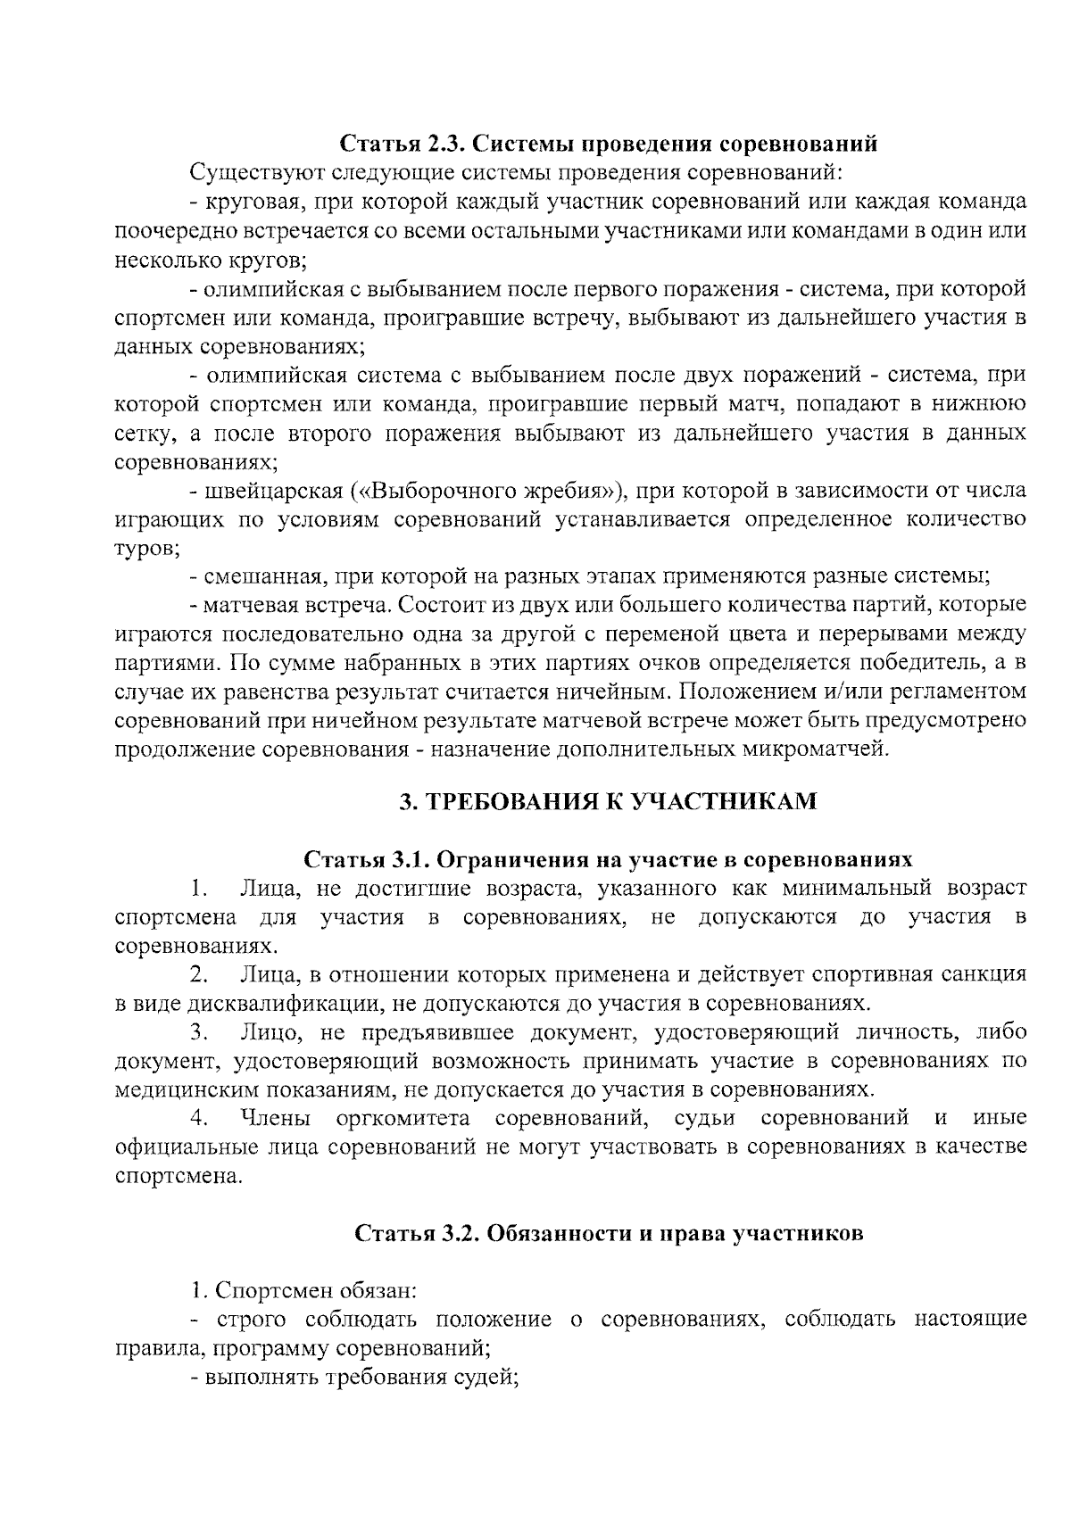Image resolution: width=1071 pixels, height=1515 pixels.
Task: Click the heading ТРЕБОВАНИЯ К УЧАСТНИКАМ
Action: tap(607, 801)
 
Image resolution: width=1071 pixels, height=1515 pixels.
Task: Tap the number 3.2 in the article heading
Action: tap(457, 1234)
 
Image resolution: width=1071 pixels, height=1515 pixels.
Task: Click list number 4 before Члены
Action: tap(200, 1118)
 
